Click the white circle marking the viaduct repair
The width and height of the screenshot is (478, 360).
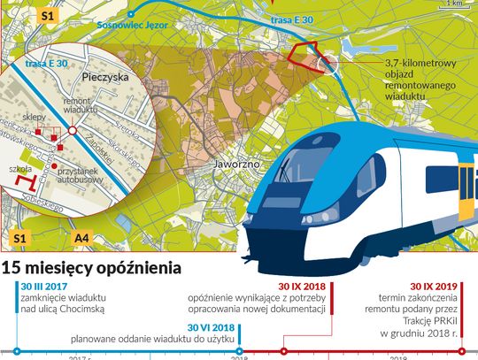pos(325,64)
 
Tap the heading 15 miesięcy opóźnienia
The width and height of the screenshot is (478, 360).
pos(92,267)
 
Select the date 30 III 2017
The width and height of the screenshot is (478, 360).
pos(44,287)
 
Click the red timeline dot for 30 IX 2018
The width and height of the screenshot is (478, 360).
pos(284,352)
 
